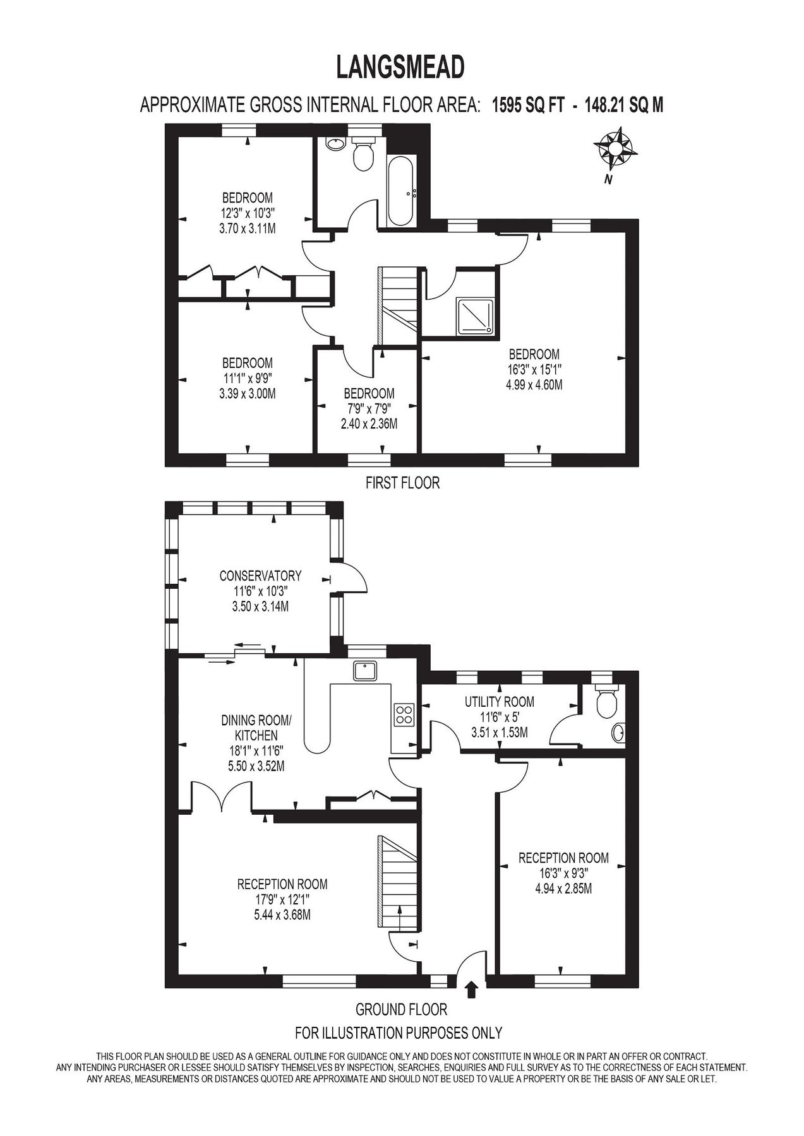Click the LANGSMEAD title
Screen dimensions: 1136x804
[401, 68]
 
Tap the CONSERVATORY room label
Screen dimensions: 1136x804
[260, 576]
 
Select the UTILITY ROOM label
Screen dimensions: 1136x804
[499, 701]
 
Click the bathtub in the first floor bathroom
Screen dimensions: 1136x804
[401, 191]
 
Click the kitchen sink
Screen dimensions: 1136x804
[366, 670]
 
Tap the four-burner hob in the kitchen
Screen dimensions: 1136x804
[404, 713]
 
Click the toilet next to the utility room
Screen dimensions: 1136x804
[607, 702]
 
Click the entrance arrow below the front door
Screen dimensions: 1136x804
[471, 989]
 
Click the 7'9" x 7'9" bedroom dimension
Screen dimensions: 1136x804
[369, 408]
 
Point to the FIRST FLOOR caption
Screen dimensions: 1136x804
[402, 483]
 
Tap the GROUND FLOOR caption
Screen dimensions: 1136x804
[401, 1009]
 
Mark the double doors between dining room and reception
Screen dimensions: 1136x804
[222, 796]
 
